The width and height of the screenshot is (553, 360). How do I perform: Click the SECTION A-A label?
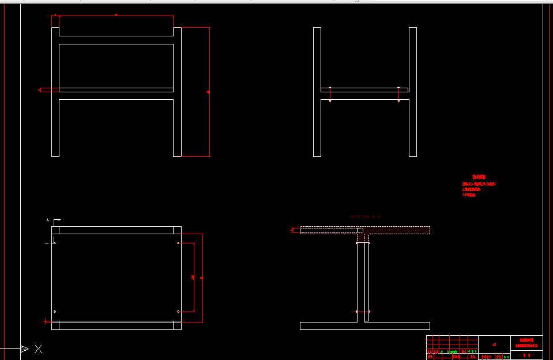click(365, 217)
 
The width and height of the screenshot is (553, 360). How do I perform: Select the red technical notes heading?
click(479, 177)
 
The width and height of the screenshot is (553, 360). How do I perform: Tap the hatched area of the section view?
click(398, 230)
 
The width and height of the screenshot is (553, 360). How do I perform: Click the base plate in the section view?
click(364, 326)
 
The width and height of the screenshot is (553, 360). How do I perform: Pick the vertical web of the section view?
click(362, 277)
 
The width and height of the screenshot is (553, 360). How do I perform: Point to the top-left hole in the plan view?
click(55, 243)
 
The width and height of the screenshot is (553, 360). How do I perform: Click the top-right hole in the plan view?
click(178, 243)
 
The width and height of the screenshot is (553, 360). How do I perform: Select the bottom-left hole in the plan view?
click(55, 312)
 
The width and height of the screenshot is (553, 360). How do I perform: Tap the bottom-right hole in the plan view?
click(178, 312)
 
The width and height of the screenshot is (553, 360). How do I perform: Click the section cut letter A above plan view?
click(48, 220)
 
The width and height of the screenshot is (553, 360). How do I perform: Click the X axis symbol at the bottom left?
click(38, 348)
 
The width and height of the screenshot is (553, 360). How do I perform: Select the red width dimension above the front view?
click(116, 16)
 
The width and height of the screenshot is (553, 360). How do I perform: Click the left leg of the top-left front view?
click(55, 92)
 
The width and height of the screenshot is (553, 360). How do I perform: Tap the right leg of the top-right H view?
click(413, 92)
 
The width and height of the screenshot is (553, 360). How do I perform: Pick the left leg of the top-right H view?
click(317, 92)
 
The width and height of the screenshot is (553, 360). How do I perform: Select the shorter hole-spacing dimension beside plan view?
click(193, 277)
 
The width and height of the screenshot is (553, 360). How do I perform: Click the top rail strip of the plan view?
click(116, 230)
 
